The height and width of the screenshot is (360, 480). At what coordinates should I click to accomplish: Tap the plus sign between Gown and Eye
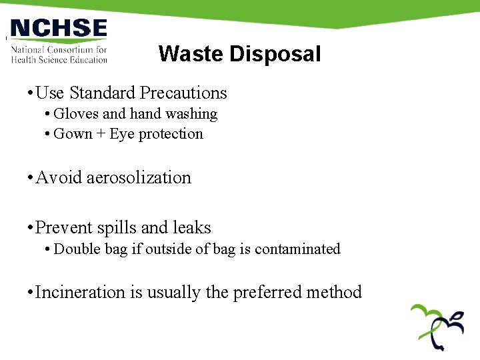click(101, 134)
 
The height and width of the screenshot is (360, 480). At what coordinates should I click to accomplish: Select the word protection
click(171, 134)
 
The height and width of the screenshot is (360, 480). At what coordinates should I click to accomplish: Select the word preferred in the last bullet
click(267, 292)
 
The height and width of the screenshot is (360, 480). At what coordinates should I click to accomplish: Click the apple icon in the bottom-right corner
click(437, 327)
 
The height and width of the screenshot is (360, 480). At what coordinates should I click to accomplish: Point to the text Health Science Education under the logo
click(59, 59)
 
